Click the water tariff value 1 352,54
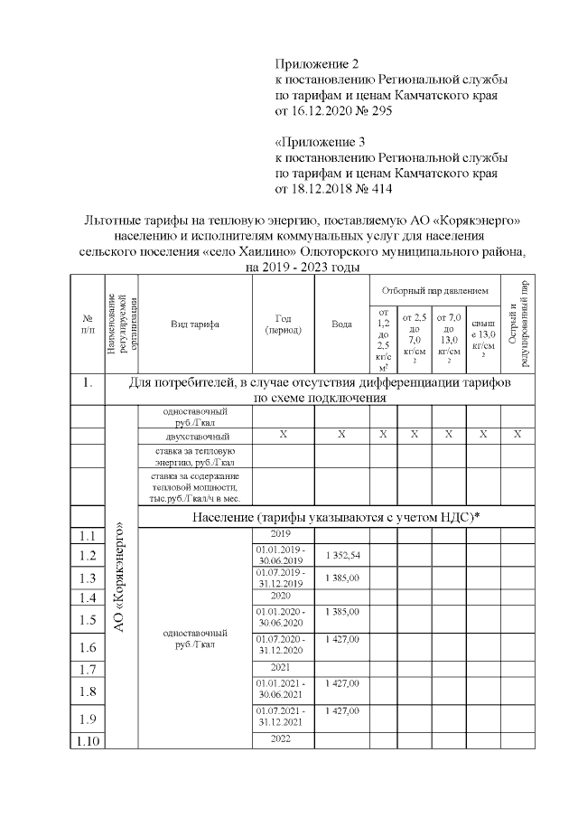pos(341,554)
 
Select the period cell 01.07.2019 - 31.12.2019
pos(282,578)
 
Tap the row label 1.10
pos(88,741)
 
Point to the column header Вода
pos(341,323)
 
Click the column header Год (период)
pos(282,323)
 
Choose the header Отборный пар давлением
pos(434,291)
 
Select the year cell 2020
pos(282,597)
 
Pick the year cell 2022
pos(282,739)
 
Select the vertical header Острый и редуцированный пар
pos(517,323)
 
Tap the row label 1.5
pos(88,619)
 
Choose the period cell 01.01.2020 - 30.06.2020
pos(282,618)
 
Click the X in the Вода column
pos(341,436)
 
